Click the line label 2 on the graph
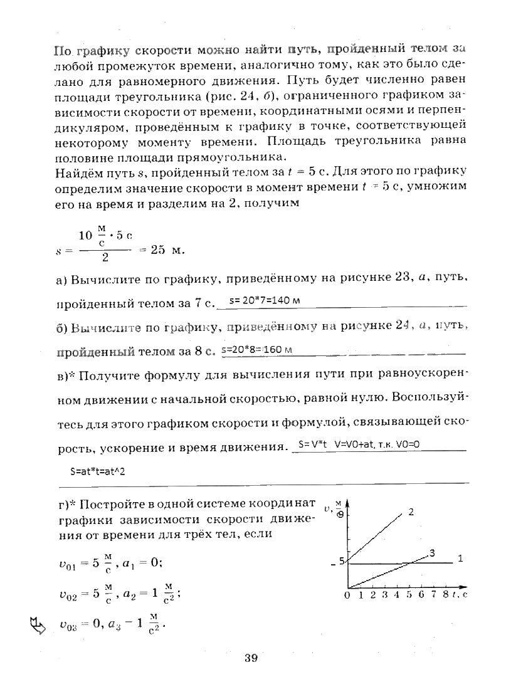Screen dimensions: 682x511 pos(411,511)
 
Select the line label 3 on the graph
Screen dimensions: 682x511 pos(432,552)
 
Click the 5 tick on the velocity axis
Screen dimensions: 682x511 pos(342,562)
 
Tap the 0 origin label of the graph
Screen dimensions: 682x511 pos(347,595)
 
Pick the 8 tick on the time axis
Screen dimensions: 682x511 pos(445,595)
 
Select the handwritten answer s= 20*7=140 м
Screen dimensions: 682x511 pos(265,300)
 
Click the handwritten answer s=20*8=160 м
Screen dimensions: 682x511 pos(258,349)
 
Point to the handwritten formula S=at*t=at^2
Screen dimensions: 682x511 pos(98,471)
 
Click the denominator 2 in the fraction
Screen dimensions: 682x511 pos(105,257)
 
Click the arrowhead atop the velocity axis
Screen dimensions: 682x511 pos(347,503)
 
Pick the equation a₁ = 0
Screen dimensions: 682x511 pos(142,562)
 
